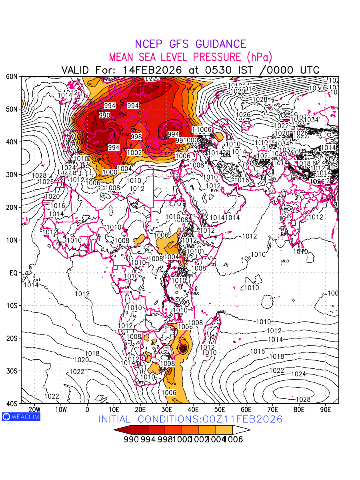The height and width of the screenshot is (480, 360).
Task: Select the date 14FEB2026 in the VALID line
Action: point(152,70)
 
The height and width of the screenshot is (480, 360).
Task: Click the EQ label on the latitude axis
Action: point(13,273)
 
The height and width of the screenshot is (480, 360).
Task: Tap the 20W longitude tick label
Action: point(34,409)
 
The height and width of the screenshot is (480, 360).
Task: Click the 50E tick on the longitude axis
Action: point(220,409)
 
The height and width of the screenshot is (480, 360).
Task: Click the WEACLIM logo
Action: point(21,416)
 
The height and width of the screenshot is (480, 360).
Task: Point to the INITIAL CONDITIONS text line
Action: point(190,419)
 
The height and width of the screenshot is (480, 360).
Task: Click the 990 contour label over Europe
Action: point(104,115)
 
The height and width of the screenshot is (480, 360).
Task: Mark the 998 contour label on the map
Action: point(136,137)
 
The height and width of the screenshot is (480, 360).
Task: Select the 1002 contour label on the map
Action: point(134,152)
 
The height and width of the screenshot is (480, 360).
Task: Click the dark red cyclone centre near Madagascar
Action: point(184,348)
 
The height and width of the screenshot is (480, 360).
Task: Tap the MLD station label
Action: point(285,261)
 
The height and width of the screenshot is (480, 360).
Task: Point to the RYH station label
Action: point(215,191)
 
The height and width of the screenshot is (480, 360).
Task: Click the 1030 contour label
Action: point(316,88)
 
